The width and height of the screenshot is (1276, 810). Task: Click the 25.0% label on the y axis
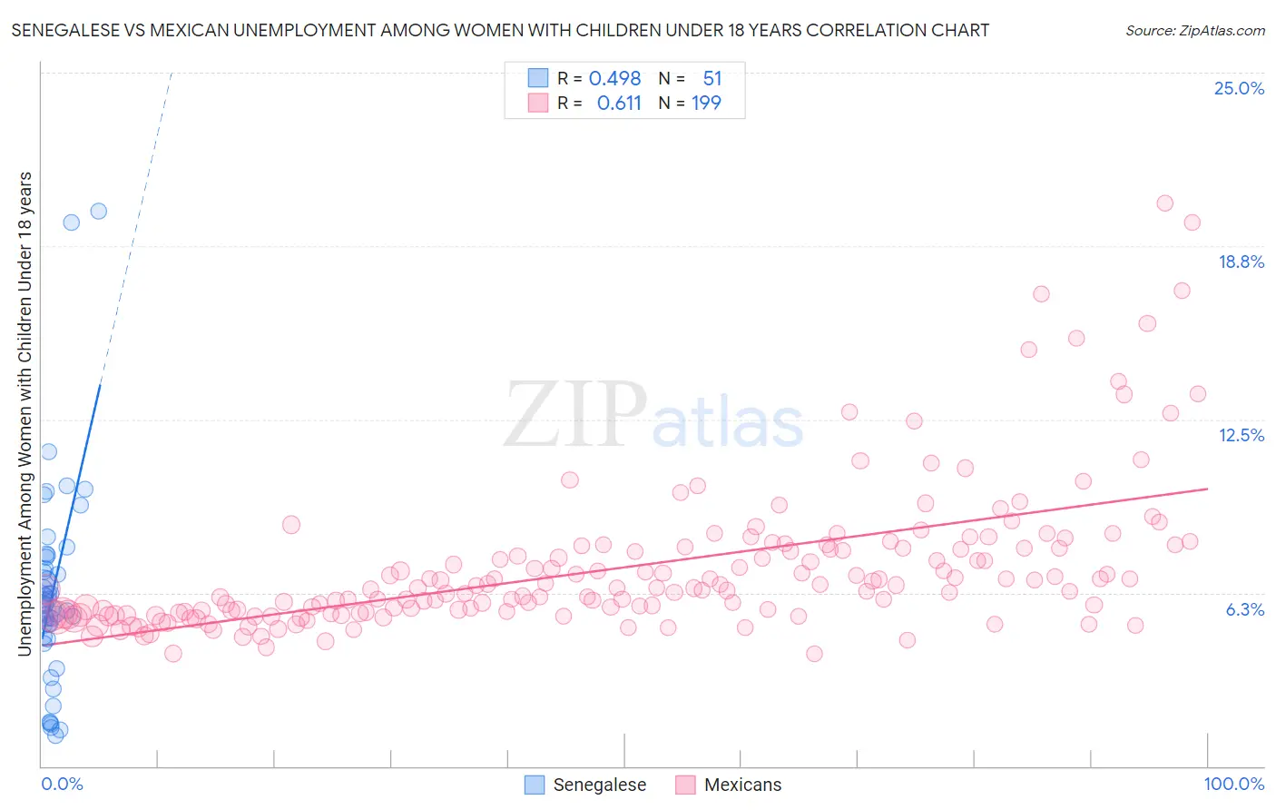coord(1239,88)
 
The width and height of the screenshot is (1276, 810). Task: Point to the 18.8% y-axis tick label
coord(1241,262)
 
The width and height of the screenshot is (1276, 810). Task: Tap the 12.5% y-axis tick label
coord(1241,435)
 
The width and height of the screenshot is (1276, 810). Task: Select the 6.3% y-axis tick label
coord(1244,609)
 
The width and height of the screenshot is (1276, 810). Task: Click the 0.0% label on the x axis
coord(62,784)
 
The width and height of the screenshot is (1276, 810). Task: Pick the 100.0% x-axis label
coord(1233,784)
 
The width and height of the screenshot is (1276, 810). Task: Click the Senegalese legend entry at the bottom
coord(599,785)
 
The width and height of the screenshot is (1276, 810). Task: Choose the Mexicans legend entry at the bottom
coord(741,785)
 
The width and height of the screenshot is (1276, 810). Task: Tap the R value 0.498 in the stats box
coord(614,79)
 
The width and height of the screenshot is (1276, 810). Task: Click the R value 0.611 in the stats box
coord(619,104)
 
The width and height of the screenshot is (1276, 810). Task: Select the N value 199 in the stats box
coord(706,104)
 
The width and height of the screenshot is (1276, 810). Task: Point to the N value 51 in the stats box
coord(712,79)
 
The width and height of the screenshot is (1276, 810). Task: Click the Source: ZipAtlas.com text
coord(1194,31)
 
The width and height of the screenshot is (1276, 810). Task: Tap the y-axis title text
coord(25,413)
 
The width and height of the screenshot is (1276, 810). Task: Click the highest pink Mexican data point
coord(1164,203)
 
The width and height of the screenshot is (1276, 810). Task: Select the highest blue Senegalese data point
coord(98,211)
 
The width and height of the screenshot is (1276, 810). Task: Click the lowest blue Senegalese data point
coord(55,736)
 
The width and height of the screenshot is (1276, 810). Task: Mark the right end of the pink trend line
coord(1207,489)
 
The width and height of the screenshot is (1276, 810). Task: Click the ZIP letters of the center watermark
coord(574,415)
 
